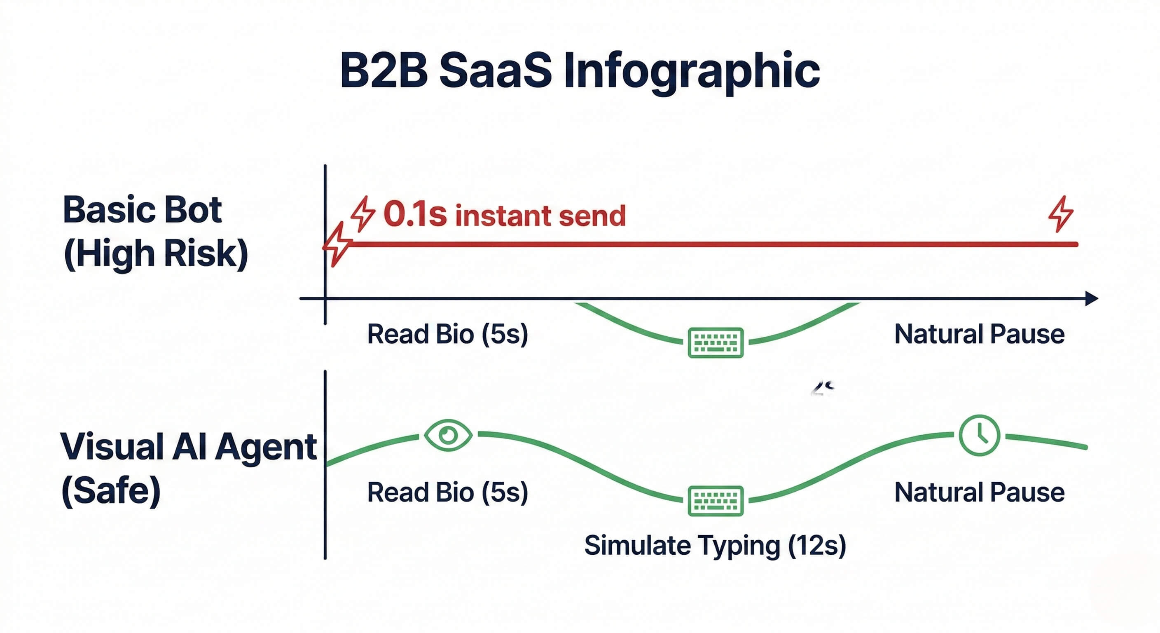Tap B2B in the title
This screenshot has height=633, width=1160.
384,71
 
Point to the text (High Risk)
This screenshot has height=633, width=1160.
156,254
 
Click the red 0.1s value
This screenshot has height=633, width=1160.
415,214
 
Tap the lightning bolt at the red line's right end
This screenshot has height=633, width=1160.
1061,213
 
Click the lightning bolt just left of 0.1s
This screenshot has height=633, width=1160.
363,213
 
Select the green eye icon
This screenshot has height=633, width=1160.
448,435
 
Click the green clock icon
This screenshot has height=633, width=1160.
980,435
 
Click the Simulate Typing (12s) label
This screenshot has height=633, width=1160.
715,546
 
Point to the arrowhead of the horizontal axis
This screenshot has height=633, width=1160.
1092,298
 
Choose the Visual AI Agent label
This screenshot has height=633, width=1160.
189,447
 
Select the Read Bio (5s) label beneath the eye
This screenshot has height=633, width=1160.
448,492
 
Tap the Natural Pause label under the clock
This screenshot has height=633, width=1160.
980,492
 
